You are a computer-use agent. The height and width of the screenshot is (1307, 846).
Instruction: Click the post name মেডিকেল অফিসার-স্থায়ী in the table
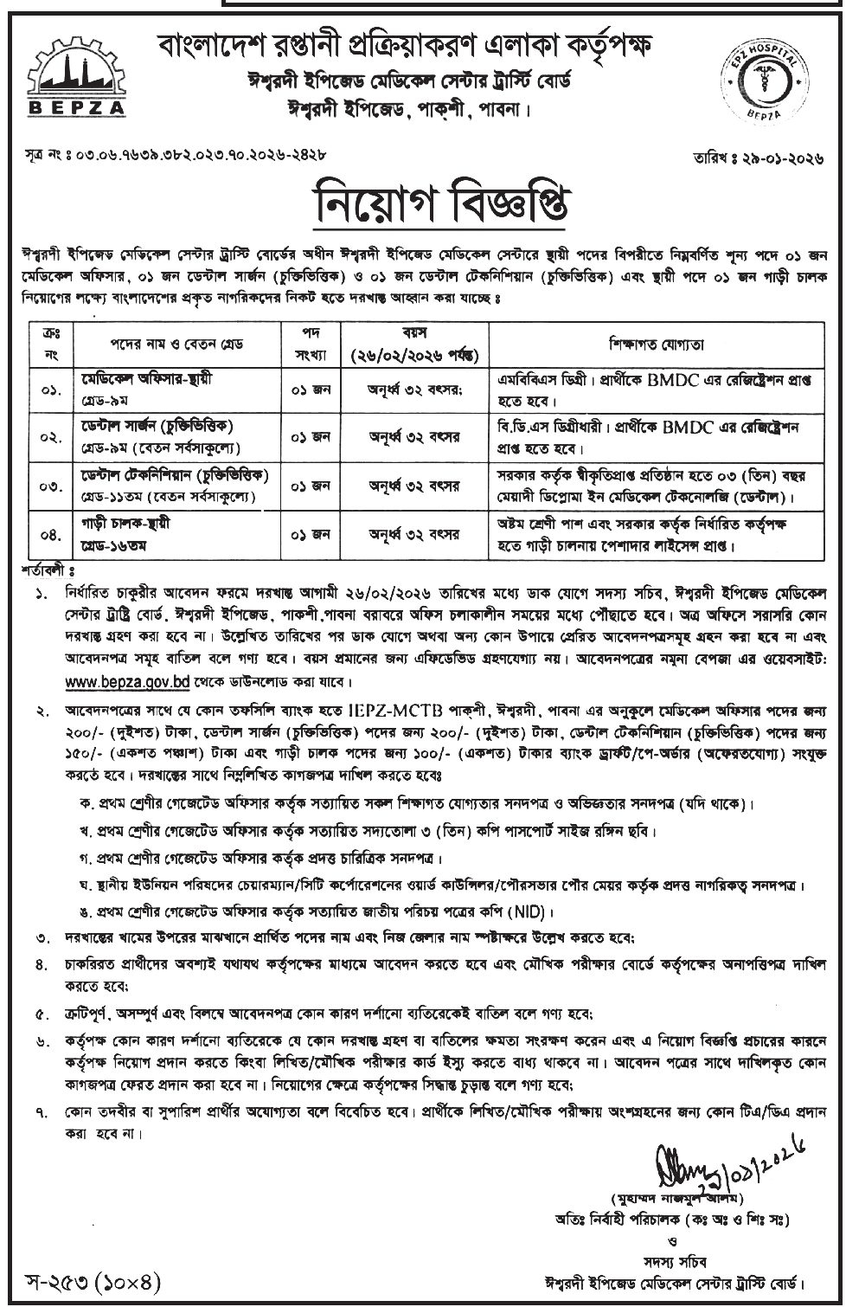(147, 379)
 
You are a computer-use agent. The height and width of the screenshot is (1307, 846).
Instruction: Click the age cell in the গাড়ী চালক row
(413, 535)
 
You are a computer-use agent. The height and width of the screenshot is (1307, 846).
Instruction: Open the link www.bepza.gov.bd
(115, 681)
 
